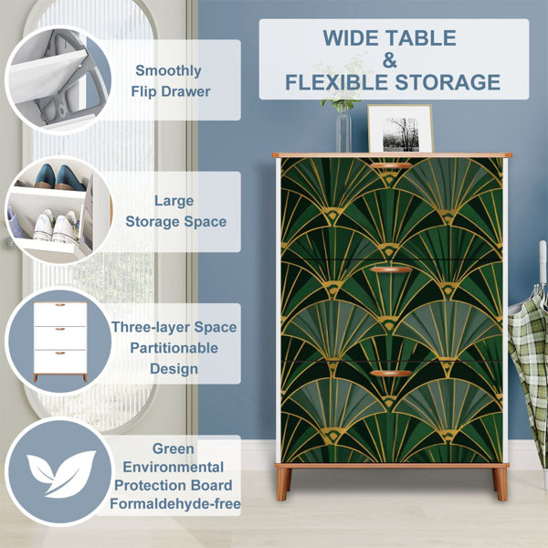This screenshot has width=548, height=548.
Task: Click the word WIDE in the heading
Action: point(353,37)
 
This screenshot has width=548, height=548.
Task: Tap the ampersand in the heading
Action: point(389,60)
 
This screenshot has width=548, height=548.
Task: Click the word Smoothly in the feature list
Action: point(168,71)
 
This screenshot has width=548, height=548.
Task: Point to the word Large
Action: point(174,201)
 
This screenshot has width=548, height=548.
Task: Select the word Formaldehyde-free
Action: point(175,503)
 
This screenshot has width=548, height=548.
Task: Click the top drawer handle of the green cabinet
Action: point(391,165)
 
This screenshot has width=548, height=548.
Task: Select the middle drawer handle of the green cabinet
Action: point(391,269)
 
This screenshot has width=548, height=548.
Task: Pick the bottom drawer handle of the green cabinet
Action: point(391,374)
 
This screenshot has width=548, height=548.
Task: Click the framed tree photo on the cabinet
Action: point(400,129)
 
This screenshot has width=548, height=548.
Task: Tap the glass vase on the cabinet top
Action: point(343,131)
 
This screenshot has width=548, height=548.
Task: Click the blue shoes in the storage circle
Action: point(60,177)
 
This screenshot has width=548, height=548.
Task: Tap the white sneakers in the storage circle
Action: point(55,227)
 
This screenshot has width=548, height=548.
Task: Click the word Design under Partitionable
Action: point(174,369)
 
